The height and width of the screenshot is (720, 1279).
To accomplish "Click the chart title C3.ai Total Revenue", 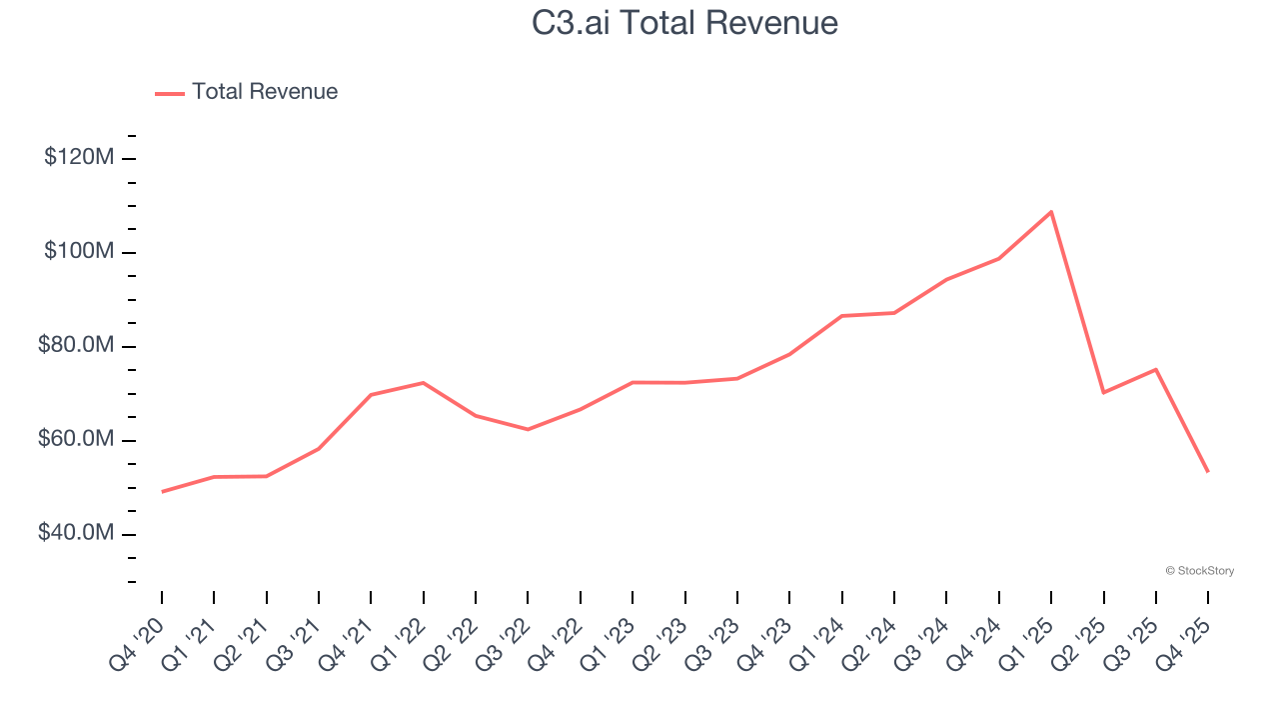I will point(684,22).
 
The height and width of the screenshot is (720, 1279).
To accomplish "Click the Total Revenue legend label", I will point(265,92).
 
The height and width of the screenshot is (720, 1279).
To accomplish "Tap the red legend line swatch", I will point(170,93).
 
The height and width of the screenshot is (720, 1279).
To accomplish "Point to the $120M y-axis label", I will point(79,157).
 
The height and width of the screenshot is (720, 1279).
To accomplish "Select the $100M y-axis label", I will point(79,251).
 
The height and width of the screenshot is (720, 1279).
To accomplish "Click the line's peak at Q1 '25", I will point(1051,212).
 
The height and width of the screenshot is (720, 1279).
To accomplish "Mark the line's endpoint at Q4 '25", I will point(1208,471).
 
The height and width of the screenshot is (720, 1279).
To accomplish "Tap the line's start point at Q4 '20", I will point(162,491).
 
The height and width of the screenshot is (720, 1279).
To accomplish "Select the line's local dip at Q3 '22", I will point(528,429).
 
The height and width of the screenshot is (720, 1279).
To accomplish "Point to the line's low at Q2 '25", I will point(1103,392).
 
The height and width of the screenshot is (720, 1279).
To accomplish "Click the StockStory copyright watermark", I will point(1199,571).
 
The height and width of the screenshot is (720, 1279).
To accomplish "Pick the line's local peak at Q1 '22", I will point(424,382).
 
